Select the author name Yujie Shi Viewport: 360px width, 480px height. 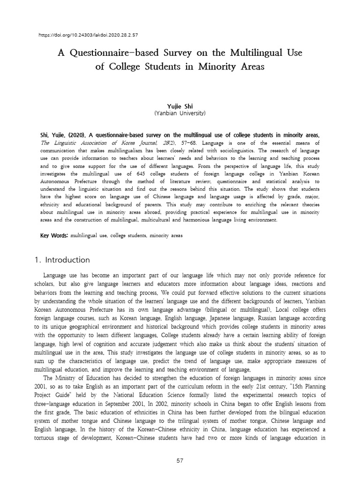180,106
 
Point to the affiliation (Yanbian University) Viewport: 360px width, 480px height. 180,113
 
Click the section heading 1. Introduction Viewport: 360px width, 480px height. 63,260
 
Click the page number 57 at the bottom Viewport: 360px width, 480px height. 180,461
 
